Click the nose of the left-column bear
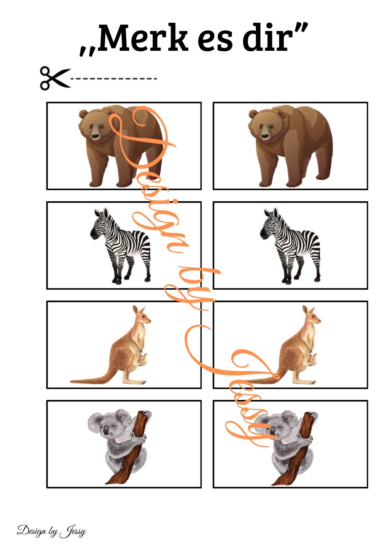95,136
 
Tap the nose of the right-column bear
265,136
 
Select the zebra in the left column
121,246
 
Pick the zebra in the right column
290,246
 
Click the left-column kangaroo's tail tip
72,382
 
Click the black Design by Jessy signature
51,530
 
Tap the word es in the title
215,41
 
